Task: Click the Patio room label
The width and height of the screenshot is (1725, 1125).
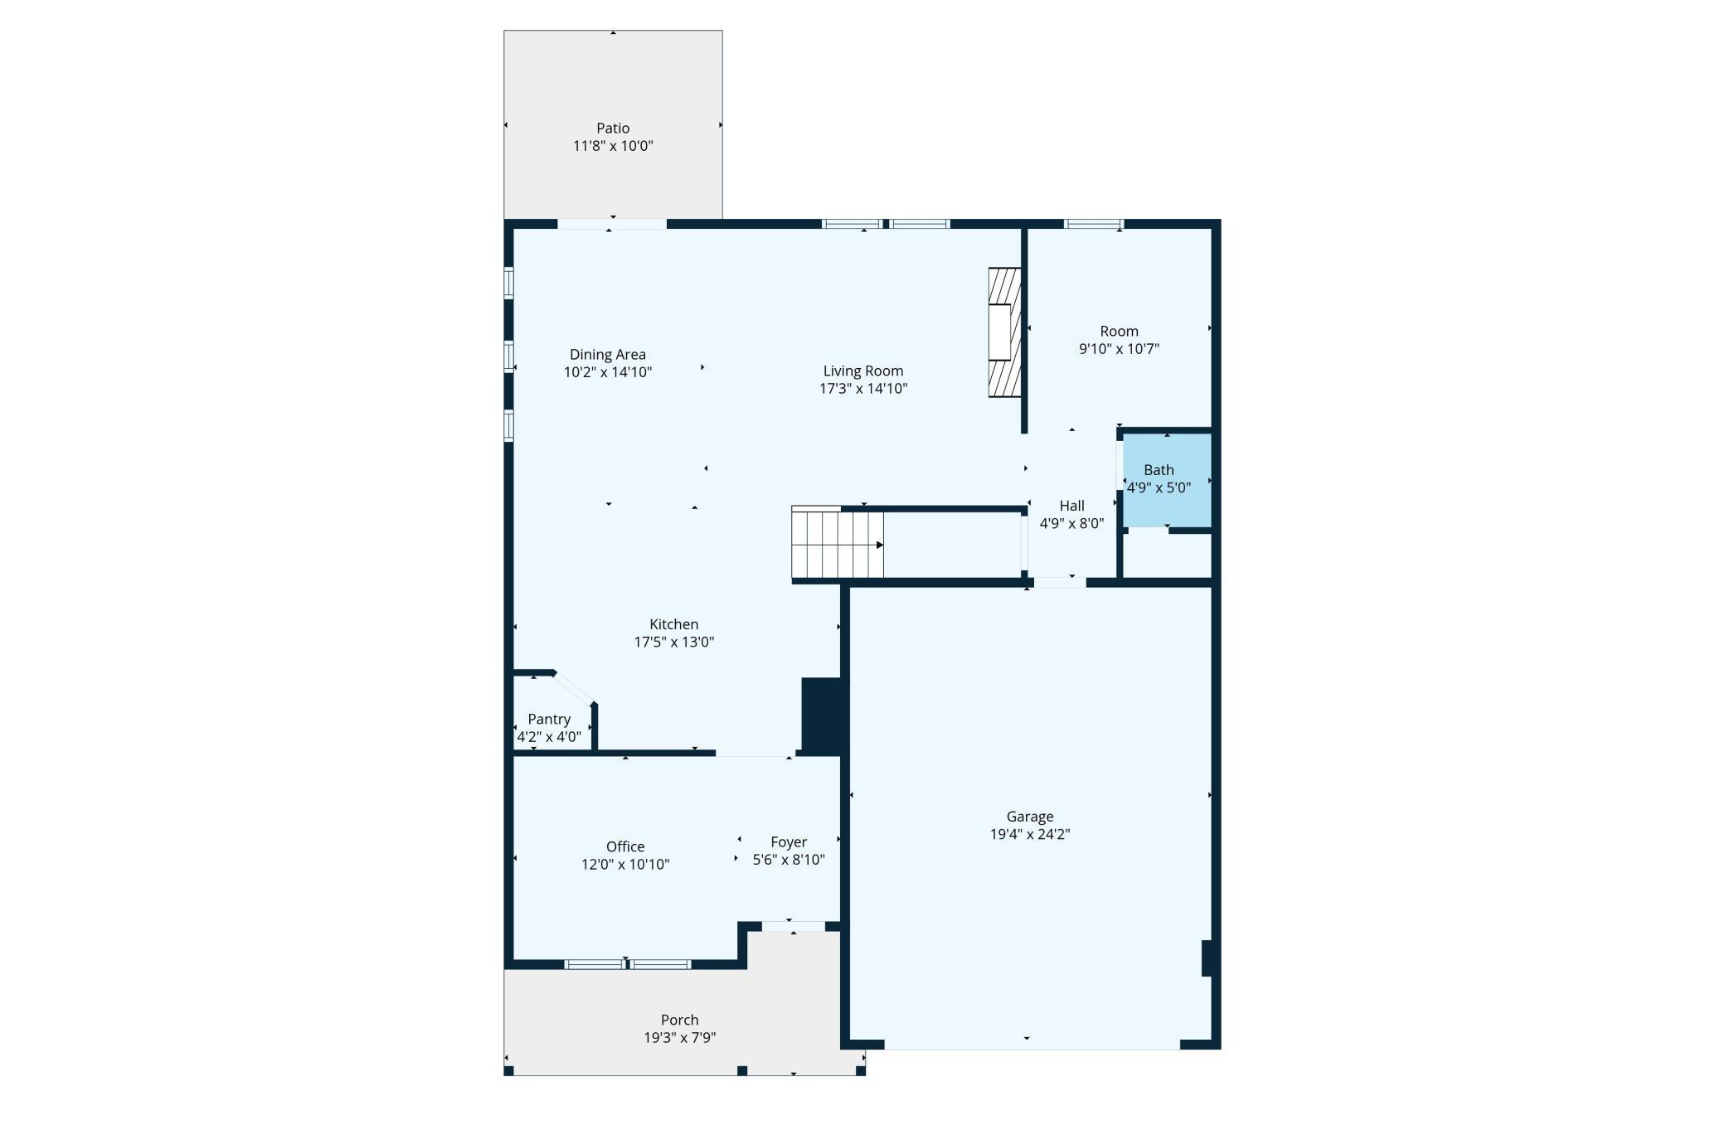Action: [613, 129]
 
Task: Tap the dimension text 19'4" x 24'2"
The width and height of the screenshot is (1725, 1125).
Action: [1030, 834]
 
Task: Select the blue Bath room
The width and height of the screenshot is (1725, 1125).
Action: [1167, 479]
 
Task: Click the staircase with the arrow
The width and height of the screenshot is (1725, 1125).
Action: [838, 545]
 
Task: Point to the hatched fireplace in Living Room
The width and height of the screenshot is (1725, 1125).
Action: [1003, 332]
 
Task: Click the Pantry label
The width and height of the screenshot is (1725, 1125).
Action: [549, 719]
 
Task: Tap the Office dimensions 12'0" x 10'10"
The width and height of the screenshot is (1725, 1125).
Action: [625, 864]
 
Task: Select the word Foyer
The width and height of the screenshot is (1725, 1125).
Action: [789, 841]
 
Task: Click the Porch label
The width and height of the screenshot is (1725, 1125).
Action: [679, 1020]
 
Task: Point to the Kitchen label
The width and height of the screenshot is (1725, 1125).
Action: [673, 624]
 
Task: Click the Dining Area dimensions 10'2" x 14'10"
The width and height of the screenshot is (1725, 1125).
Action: [608, 372]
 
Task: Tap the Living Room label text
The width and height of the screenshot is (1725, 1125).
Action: [862, 371]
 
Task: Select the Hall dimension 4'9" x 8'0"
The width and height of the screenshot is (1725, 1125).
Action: [1071, 523]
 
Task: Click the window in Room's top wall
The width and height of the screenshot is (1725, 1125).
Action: [1093, 224]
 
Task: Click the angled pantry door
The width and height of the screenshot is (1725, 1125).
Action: [574, 688]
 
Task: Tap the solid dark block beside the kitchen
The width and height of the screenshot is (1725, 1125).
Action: [822, 715]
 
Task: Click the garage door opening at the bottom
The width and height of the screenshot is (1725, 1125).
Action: [1032, 1045]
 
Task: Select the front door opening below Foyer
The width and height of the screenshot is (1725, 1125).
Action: [793, 926]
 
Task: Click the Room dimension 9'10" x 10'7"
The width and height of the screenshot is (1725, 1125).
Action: [1119, 349]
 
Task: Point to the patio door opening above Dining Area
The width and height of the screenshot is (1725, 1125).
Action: [612, 224]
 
